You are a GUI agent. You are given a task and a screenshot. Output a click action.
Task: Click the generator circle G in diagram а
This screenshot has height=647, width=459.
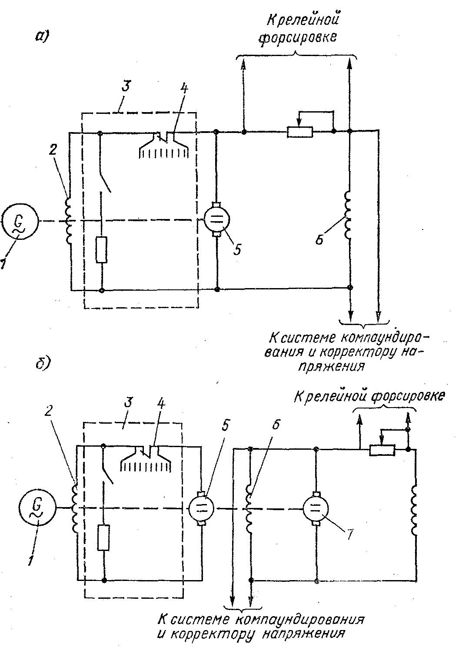[x=20, y=221]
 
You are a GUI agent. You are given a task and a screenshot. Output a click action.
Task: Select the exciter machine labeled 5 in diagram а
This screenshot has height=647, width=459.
[x=217, y=219]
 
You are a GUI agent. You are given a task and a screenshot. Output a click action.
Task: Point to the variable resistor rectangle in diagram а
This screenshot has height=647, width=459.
[x=300, y=132]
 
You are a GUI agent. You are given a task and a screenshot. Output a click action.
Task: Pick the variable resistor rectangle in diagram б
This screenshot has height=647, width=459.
[x=382, y=451]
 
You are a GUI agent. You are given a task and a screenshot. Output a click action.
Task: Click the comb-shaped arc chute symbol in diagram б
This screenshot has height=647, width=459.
[x=146, y=459]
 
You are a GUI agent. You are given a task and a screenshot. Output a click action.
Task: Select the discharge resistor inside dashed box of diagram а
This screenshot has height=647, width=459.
[x=102, y=250]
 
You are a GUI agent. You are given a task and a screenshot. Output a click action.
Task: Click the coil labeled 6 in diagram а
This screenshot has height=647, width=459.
[x=347, y=215]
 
